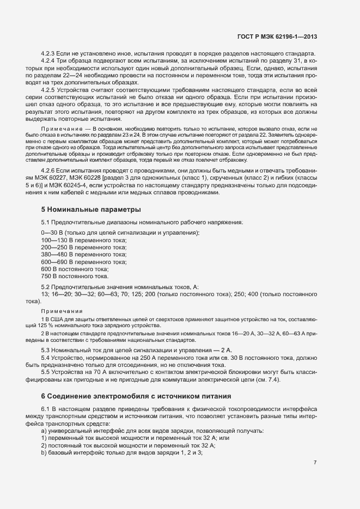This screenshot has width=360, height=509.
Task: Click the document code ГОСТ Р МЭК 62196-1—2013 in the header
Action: coord(277,36)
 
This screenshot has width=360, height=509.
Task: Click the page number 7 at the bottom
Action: coord(315,463)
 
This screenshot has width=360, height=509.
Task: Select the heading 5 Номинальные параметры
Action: coord(83,209)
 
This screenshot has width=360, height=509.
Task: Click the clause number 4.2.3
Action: coord(49,53)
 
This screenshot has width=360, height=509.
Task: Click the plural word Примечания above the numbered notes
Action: coord(59,311)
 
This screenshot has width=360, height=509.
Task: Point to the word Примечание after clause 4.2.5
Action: coord(60,128)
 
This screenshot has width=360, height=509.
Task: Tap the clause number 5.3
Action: coord(46,349)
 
